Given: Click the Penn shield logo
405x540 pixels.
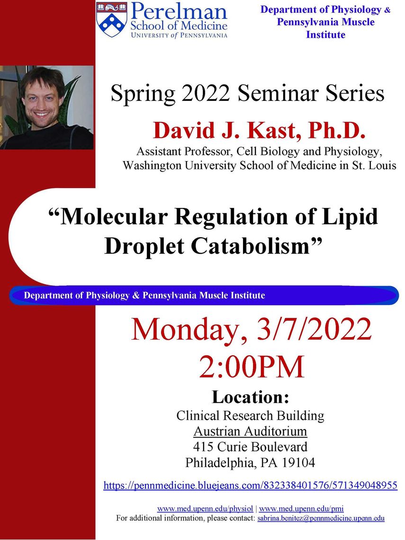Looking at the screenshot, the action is click(111, 19).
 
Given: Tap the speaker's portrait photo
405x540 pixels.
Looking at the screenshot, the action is click(47, 108).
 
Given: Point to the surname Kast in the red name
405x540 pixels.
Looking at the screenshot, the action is click(271, 131).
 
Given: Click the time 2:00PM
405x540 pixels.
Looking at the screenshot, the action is click(252, 367).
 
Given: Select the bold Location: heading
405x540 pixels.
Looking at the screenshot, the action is click(251, 397).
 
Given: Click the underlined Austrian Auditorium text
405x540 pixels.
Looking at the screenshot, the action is click(250, 431).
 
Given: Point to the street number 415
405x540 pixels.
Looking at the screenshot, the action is click(203, 447).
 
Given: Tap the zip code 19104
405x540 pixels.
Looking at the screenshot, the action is click(298, 462).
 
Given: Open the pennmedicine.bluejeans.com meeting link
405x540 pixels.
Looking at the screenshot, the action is click(251, 486).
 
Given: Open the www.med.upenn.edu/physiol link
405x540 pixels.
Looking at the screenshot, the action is click(205, 509).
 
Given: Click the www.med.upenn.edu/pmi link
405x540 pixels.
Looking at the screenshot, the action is click(301, 509).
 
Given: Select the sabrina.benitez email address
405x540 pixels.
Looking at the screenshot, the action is click(321, 518).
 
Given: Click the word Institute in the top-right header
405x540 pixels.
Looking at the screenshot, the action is click(325, 35).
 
